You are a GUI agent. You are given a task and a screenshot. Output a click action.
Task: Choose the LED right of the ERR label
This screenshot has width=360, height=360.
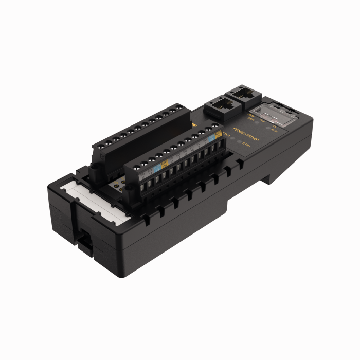pyautogui.click(x=257, y=122)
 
